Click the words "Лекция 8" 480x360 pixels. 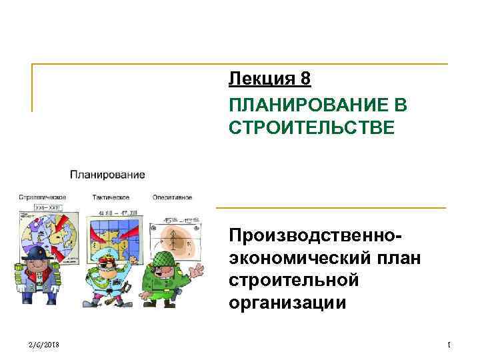pos(269,79)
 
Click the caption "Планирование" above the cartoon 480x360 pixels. pos(107,175)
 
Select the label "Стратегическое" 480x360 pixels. pos(42,197)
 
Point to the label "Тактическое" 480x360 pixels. pos(110,197)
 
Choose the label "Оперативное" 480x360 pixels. pos(172,197)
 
